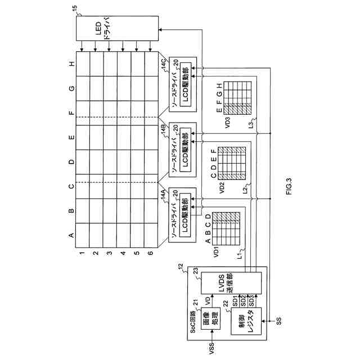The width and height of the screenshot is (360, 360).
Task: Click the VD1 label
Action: (x=215, y=252)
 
